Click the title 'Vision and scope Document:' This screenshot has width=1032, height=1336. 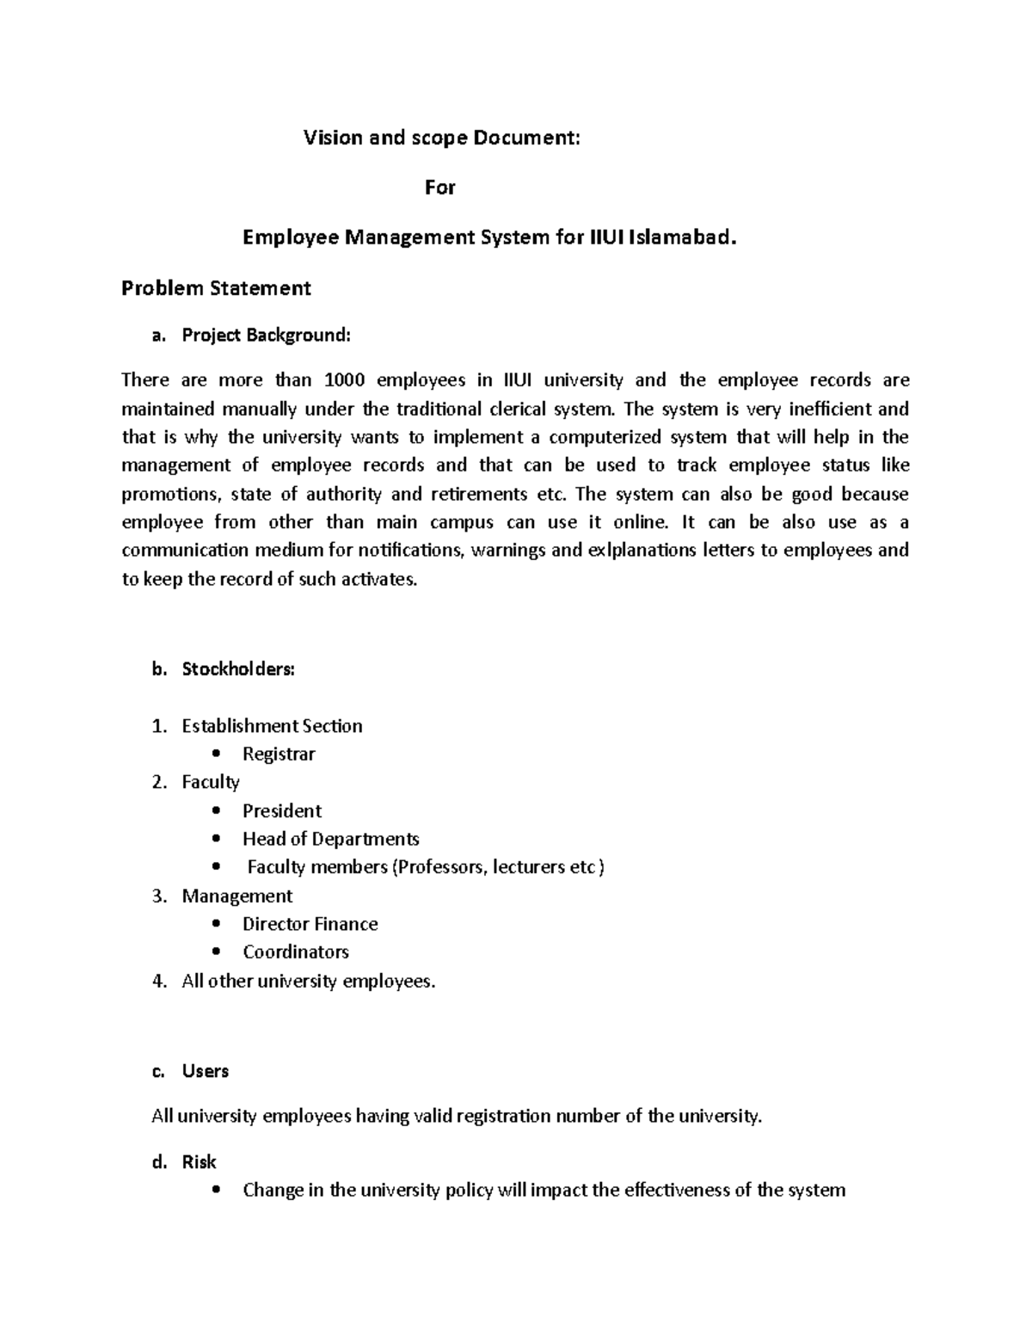click(x=442, y=138)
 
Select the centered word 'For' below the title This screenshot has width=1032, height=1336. click(x=439, y=188)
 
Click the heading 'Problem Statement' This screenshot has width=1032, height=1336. click(x=216, y=288)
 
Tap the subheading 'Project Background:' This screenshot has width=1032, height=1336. click(x=267, y=336)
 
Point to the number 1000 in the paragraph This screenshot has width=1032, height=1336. click(x=343, y=380)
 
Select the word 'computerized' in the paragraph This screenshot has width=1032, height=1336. click(x=603, y=437)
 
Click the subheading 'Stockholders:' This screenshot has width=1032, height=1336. click(x=238, y=669)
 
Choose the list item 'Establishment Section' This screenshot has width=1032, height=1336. click(x=272, y=726)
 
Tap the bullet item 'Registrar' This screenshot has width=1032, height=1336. click(x=279, y=754)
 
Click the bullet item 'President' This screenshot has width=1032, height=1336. click(x=282, y=811)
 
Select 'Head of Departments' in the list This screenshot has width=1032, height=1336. click(x=330, y=839)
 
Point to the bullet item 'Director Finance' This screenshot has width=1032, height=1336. click(x=310, y=924)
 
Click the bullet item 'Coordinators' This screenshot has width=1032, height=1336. click(x=295, y=952)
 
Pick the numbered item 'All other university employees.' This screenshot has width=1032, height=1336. click(x=309, y=981)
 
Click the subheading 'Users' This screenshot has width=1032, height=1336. click(x=205, y=1071)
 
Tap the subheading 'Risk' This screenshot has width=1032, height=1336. click(x=199, y=1162)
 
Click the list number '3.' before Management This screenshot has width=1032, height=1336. click(x=158, y=896)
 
